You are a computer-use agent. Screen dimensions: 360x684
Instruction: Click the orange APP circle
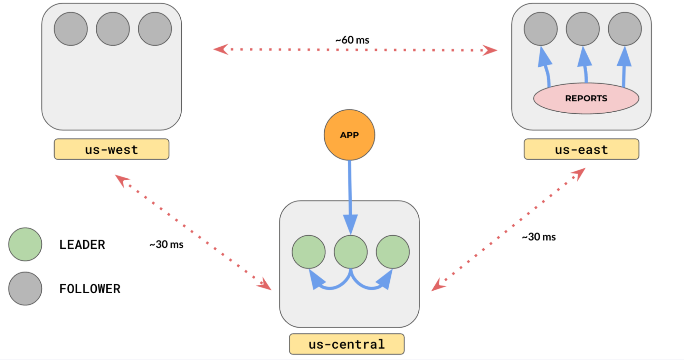click(349, 135)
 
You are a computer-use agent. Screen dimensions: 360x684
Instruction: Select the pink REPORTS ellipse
click(586, 98)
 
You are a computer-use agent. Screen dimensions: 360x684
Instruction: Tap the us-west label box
click(112, 149)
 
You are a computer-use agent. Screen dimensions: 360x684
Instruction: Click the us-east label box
click(581, 149)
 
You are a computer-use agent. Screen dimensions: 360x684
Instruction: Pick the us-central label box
click(346, 344)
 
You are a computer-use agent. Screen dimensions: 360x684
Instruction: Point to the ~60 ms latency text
click(352, 40)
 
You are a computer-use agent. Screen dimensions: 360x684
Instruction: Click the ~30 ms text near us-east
click(539, 237)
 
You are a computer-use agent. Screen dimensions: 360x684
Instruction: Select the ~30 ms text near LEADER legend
click(166, 245)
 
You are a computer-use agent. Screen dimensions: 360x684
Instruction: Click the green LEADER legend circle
click(25, 244)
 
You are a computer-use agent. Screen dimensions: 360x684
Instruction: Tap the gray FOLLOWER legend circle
click(25, 288)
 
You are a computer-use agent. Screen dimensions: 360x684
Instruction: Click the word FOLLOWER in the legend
click(90, 289)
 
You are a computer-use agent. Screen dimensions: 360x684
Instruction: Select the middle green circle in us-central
click(351, 252)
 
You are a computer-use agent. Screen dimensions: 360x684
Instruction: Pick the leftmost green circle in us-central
click(308, 252)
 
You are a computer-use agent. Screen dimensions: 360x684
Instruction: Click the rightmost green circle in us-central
click(393, 252)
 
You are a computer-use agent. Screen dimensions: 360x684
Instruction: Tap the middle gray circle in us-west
click(113, 29)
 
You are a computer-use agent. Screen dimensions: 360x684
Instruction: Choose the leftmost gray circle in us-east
click(541, 29)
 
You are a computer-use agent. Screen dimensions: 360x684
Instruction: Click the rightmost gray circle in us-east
click(625, 29)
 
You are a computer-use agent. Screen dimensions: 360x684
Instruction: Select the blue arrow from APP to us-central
click(350, 193)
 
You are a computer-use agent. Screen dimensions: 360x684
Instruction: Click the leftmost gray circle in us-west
click(71, 29)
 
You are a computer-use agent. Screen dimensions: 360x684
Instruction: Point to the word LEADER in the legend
click(82, 245)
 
